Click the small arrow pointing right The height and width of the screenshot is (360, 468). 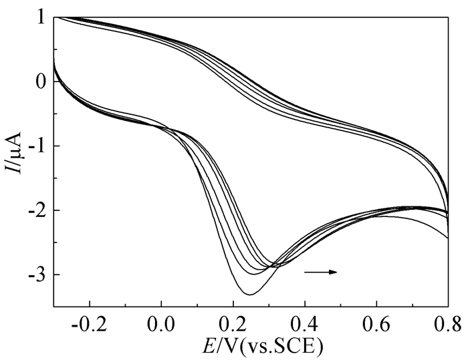(x=320, y=272)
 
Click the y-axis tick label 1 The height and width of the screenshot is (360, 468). (x=41, y=17)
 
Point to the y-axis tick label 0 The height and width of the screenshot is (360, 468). (x=41, y=81)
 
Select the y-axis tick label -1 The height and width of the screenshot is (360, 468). (x=38, y=146)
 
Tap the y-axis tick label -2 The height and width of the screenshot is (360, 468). (x=38, y=210)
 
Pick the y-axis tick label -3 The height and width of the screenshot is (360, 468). (x=38, y=275)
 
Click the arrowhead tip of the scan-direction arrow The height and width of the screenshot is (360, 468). (x=337, y=272)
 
